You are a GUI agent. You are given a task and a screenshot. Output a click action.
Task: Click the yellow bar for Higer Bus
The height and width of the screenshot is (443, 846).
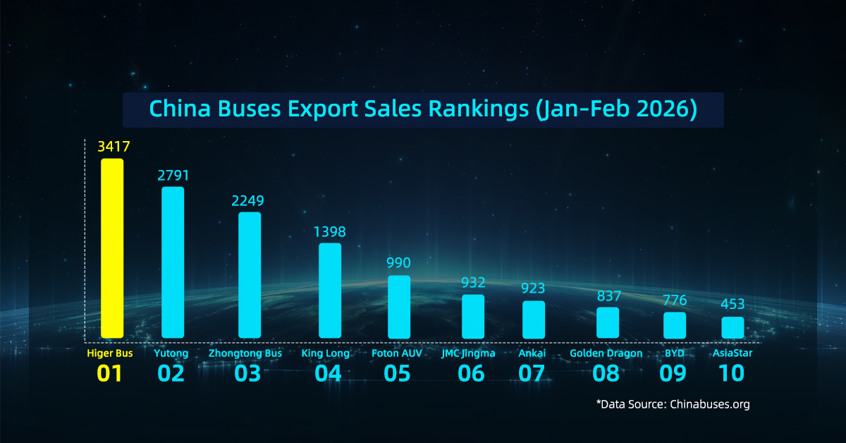point(112,248)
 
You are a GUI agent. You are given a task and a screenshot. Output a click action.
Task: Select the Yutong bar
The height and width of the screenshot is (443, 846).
point(173,262)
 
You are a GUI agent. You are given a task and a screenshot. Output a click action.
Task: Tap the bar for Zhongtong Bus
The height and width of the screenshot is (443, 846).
point(250,275)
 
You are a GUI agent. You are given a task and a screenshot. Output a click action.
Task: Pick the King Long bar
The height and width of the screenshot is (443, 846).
point(330,291)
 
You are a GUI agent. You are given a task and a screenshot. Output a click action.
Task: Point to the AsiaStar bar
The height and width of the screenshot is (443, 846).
point(732,327)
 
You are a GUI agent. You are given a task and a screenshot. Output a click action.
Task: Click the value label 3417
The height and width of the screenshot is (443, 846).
point(112,147)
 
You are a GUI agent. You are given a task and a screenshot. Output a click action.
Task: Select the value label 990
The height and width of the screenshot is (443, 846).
point(398,263)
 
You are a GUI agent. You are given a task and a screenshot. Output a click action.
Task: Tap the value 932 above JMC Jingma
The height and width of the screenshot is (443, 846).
point(473,283)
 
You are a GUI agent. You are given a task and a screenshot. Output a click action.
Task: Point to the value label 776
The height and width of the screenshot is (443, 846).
point(675,301)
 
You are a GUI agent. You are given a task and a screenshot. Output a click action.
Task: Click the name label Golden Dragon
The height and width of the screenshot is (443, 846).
point(606,353)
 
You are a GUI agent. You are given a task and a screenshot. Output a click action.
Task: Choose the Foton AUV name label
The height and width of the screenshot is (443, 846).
point(397,353)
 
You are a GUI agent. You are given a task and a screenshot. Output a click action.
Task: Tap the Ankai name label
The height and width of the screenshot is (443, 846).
point(533,353)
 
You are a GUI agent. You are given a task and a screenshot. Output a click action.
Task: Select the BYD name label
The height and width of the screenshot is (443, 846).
point(674,353)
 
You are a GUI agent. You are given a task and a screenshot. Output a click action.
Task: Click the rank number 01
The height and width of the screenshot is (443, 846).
point(110,373)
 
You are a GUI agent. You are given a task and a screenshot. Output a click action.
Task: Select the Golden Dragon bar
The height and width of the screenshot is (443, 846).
point(608,322)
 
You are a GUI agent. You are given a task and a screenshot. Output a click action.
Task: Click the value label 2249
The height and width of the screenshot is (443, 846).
point(250,201)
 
